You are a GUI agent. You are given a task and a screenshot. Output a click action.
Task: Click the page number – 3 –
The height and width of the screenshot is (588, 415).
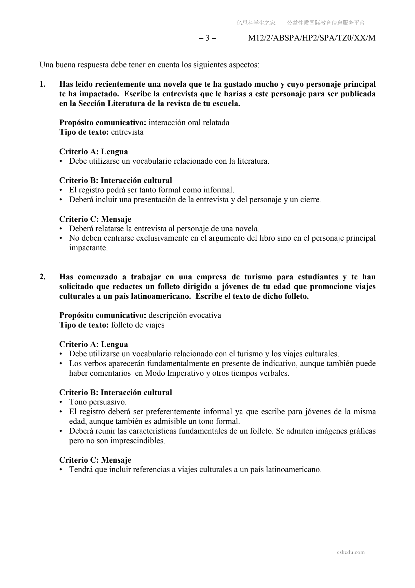tap(207, 38)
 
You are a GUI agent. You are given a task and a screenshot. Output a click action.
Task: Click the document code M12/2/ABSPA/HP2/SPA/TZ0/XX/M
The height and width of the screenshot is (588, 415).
tap(312, 38)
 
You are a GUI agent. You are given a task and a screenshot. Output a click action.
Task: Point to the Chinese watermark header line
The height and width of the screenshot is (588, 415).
tap(301, 23)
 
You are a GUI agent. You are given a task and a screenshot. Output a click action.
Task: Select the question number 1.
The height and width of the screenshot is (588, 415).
tap(43, 84)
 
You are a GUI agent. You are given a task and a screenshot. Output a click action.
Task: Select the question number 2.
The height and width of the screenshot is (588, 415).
tap(43, 277)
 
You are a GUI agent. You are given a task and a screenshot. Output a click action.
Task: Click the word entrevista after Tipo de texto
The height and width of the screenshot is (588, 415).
tap(127, 132)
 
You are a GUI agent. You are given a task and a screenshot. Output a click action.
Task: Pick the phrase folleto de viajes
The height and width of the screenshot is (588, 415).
tap(138, 325)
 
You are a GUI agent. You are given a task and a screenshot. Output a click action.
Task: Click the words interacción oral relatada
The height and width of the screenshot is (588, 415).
tap(189, 123)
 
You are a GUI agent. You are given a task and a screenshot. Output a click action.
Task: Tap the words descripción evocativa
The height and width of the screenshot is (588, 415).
tap(185, 315)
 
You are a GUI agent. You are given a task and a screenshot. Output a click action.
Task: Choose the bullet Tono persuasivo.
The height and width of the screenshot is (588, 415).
tap(98, 402)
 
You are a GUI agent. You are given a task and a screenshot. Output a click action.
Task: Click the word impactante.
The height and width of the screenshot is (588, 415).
tap(89, 248)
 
